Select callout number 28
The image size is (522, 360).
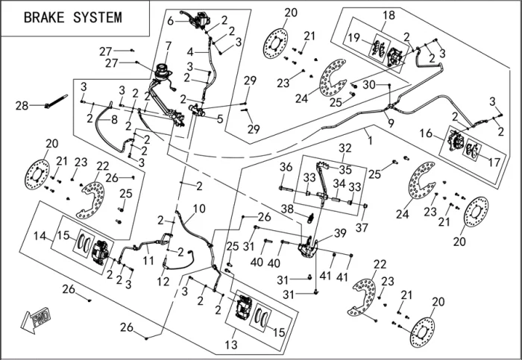[x=22, y=106]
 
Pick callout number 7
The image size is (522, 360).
[x=169, y=46]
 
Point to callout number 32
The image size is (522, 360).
[x=345, y=148]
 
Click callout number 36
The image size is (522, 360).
[x=286, y=166]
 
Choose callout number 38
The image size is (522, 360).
[x=286, y=210]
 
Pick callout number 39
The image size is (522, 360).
[x=340, y=233]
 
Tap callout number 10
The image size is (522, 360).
[x=199, y=208]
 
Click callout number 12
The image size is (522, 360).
[x=164, y=282]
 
